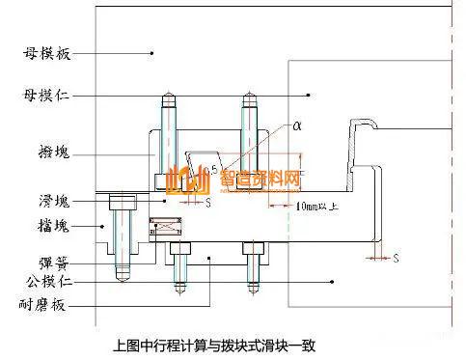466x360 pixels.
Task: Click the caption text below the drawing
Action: coord(214,344)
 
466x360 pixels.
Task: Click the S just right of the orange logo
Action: coord(209,204)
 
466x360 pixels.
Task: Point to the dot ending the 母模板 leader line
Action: coord(152,54)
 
